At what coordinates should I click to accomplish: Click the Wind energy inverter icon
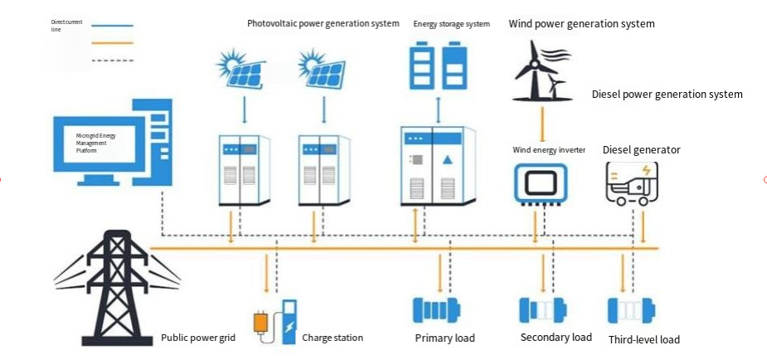click(541, 184)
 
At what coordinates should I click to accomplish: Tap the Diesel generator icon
click(631, 183)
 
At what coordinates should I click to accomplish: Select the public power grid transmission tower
click(117, 289)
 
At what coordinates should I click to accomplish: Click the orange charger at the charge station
click(260, 324)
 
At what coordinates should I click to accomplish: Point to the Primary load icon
click(437, 310)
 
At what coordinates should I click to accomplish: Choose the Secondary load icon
click(543, 309)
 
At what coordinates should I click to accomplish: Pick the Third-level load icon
click(632, 310)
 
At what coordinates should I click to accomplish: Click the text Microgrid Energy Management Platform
click(96, 143)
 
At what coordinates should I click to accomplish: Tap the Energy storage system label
click(451, 23)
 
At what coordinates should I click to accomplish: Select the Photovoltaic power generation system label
click(323, 23)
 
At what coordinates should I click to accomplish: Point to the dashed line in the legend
click(112, 61)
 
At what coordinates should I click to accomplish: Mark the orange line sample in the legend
click(112, 43)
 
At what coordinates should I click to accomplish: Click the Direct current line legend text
click(67, 26)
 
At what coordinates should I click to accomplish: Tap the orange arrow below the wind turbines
click(542, 124)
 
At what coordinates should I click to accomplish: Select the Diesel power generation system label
click(667, 94)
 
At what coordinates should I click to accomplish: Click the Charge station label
click(333, 338)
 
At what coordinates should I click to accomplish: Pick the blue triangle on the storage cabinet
click(448, 159)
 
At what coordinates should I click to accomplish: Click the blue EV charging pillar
click(289, 321)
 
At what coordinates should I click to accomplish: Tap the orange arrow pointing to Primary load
click(439, 272)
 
